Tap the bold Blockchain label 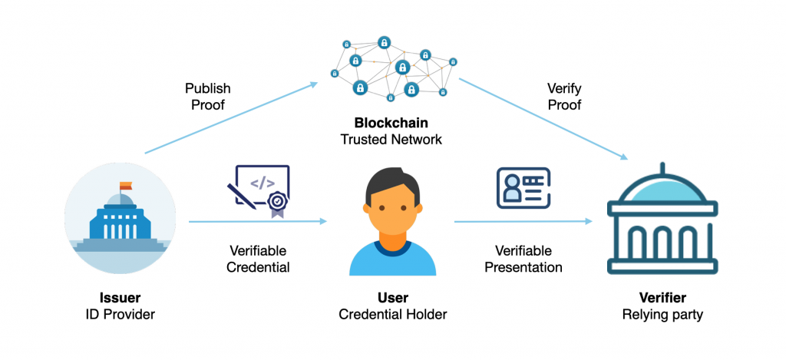pyautogui.click(x=391, y=123)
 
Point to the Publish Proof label pyautogui.click(x=208, y=96)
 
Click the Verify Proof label pyautogui.click(x=564, y=96)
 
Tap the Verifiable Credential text pyautogui.click(x=258, y=259)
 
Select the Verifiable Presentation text pyautogui.click(x=523, y=259)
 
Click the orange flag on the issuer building pyautogui.click(x=126, y=186)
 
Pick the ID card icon pyautogui.click(x=523, y=188)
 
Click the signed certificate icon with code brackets pyautogui.click(x=259, y=191)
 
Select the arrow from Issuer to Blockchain pyautogui.click(x=231, y=118)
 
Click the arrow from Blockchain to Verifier pyautogui.click(x=543, y=119)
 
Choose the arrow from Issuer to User pyautogui.click(x=258, y=221)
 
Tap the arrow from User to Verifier pyautogui.click(x=523, y=221)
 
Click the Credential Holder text pyautogui.click(x=393, y=315)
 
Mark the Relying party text pyautogui.click(x=662, y=315)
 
